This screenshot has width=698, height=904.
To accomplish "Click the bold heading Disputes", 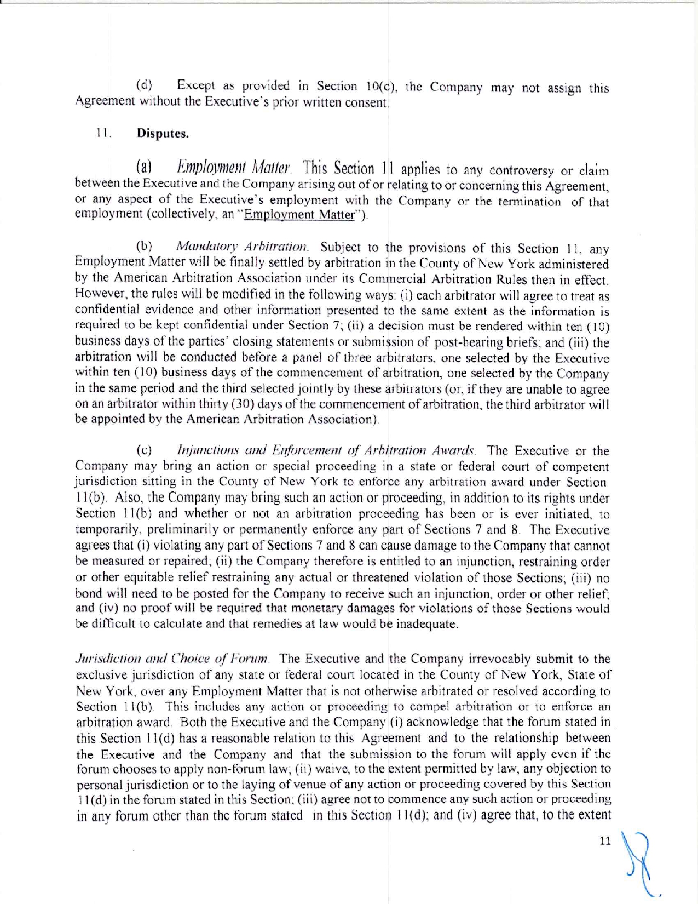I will click(x=162, y=133).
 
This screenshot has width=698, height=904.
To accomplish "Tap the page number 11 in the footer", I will click(x=605, y=841).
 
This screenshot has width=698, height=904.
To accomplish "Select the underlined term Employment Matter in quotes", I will click(x=299, y=215).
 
